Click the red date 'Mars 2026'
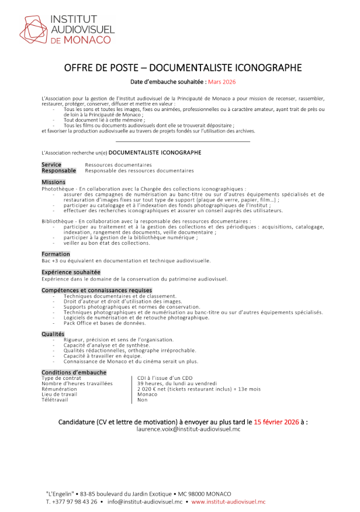[208, 82]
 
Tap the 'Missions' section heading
[53, 182]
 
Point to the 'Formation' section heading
[56, 254]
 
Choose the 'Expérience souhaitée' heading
[71, 272]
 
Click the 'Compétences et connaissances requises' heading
[96, 290]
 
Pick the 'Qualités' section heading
[53, 334]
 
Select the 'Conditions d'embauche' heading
[74, 372]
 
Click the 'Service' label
[51, 165]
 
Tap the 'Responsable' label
[58, 171]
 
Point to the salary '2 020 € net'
[155, 389]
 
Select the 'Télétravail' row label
[54, 400]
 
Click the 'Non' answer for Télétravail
[142, 400]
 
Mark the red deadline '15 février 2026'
[275, 421]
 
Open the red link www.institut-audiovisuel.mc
[228, 501]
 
